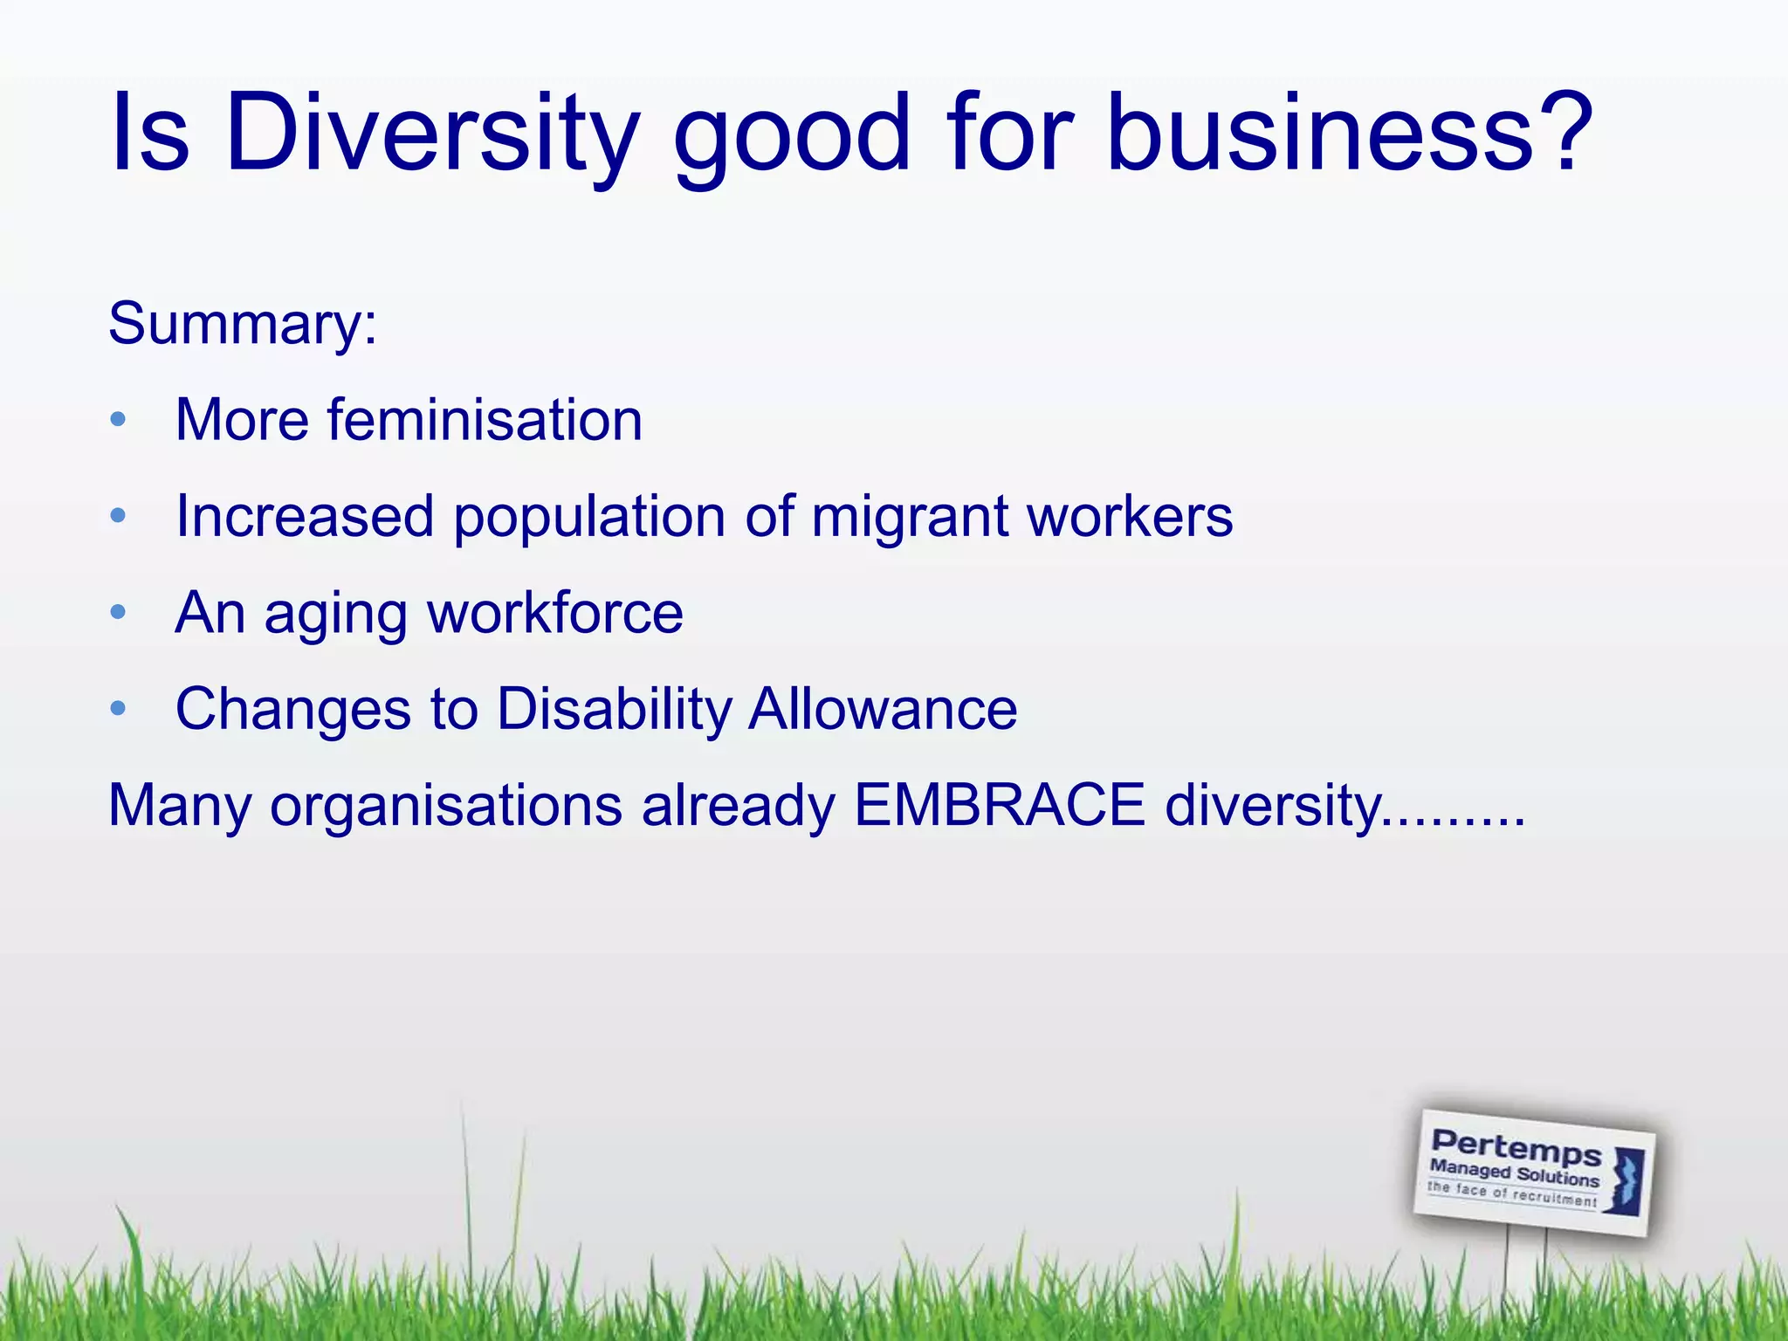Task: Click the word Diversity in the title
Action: (x=432, y=133)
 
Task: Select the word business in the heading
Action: (x=1318, y=133)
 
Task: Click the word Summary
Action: (x=236, y=324)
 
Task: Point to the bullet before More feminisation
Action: (x=119, y=420)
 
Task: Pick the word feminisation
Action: (x=485, y=420)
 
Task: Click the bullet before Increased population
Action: (x=119, y=516)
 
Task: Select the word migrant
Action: (x=909, y=518)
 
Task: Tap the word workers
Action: (x=1130, y=516)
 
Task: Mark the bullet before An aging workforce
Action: (x=119, y=612)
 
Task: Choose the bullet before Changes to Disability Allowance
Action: (x=119, y=708)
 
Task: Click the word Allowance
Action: (x=883, y=708)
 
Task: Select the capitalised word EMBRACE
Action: (x=999, y=804)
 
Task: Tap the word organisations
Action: (x=446, y=806)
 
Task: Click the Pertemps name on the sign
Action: (x=1516, y=1147)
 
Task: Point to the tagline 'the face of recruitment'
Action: (x=1511, y=1194)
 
